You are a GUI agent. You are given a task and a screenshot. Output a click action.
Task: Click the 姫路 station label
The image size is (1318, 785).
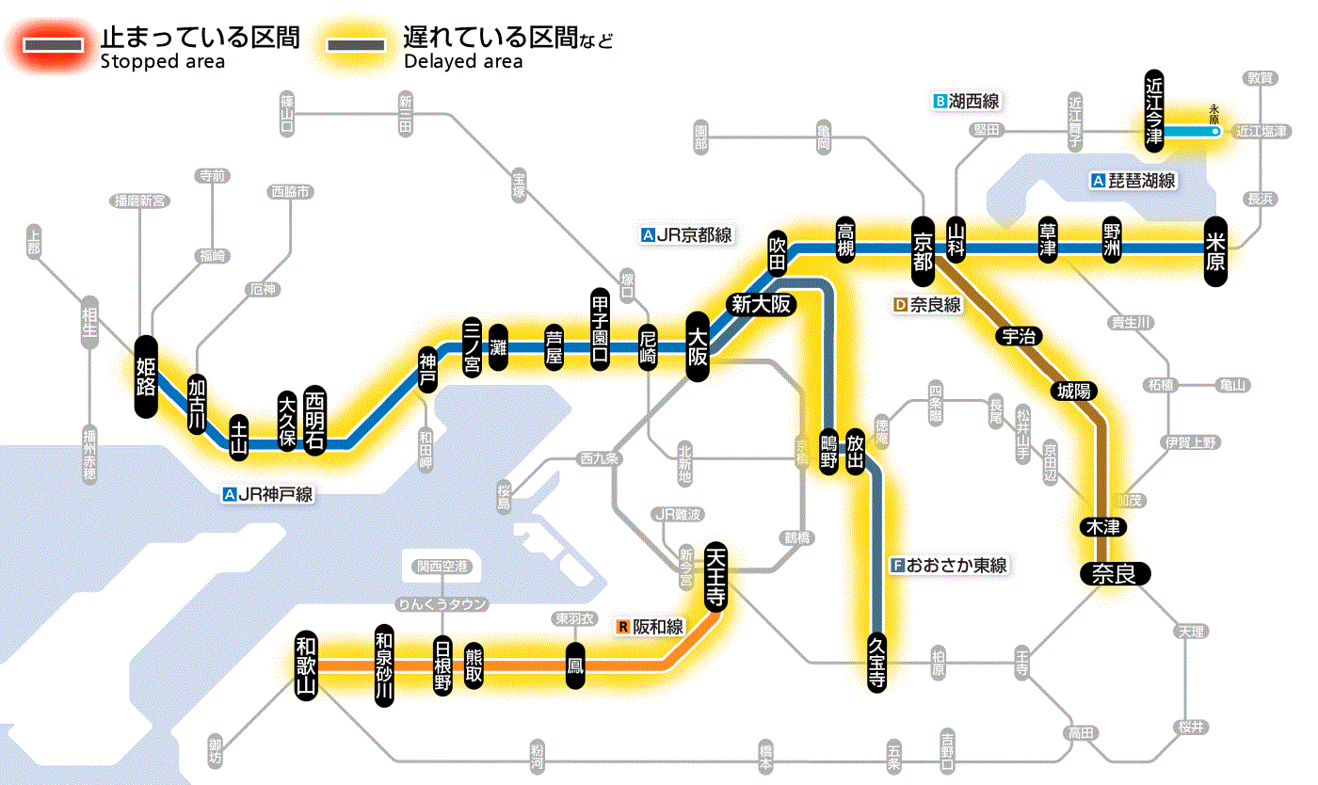[x=145, y=376]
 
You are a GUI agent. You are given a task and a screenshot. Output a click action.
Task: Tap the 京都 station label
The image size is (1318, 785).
[x=923, y=248]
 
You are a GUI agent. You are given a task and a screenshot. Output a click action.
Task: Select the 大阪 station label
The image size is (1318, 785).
[x=698, y=346]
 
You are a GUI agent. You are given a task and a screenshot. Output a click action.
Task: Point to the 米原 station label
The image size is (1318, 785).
[x=1215, y=248]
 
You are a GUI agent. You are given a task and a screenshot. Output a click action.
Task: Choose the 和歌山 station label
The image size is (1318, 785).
[x=306, y=664]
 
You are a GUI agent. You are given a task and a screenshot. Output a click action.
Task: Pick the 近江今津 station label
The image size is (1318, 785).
[x=1154, y=111]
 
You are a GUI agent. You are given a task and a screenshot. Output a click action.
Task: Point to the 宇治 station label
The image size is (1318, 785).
[x=1018, y=336]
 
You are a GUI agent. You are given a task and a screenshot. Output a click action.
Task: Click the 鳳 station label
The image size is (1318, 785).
[x=574, y=665]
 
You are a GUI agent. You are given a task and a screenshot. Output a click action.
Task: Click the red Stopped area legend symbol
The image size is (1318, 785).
[x=57, y=44]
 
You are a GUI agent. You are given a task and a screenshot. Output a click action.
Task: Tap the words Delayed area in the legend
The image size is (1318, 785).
[x=462, y=62]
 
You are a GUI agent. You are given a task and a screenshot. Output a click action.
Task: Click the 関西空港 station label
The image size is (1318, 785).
[x=442, y=567]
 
